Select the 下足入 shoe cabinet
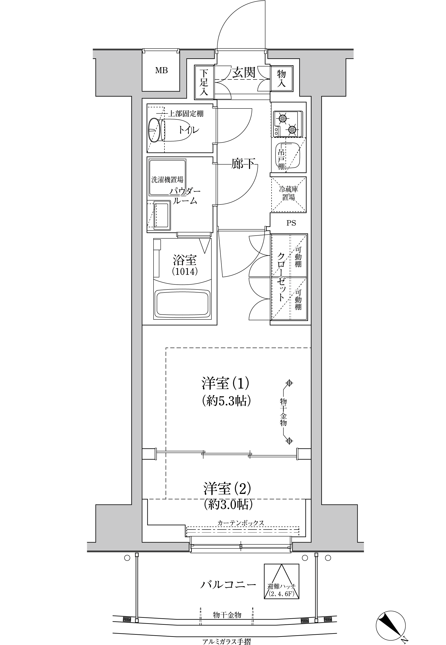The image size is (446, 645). click(x=204, y=82)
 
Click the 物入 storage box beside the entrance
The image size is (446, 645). click(x=282, y=79)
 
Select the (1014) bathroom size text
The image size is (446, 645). click(x=185, y=271)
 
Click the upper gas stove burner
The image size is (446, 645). click(x=283, y=118)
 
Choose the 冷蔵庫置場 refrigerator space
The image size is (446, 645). click(x=289, y=194)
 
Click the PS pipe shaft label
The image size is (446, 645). click(x=291, y=223)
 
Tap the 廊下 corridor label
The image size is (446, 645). click(x=243, y=164)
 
